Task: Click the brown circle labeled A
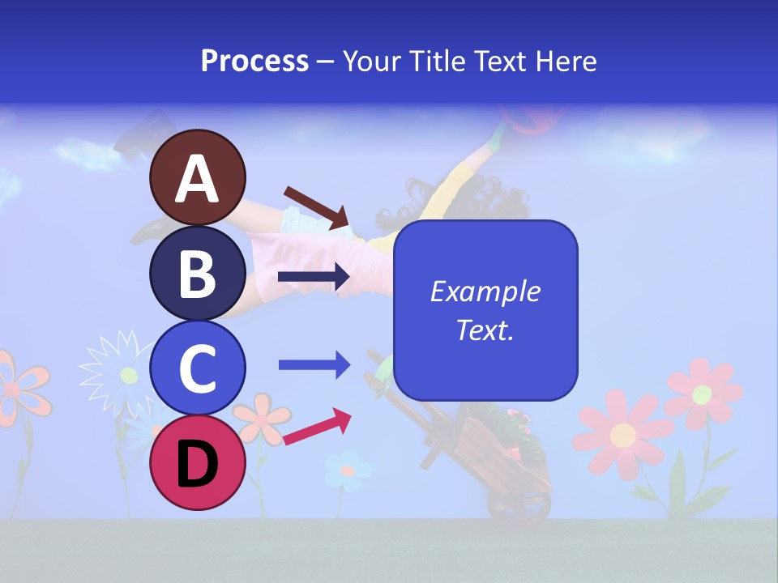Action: point(197,178)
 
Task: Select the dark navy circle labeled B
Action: point(197,273)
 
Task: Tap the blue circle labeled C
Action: point(197,368)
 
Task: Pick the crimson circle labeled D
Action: point(197,462)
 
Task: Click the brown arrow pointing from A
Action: point(316,207)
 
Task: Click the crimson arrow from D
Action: point(317,427)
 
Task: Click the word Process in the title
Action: point(254,61)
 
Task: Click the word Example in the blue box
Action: point(485,291)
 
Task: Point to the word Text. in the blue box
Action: point(485,330)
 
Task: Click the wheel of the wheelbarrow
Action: point(519,506)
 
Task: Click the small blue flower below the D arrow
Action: point(347,470)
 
